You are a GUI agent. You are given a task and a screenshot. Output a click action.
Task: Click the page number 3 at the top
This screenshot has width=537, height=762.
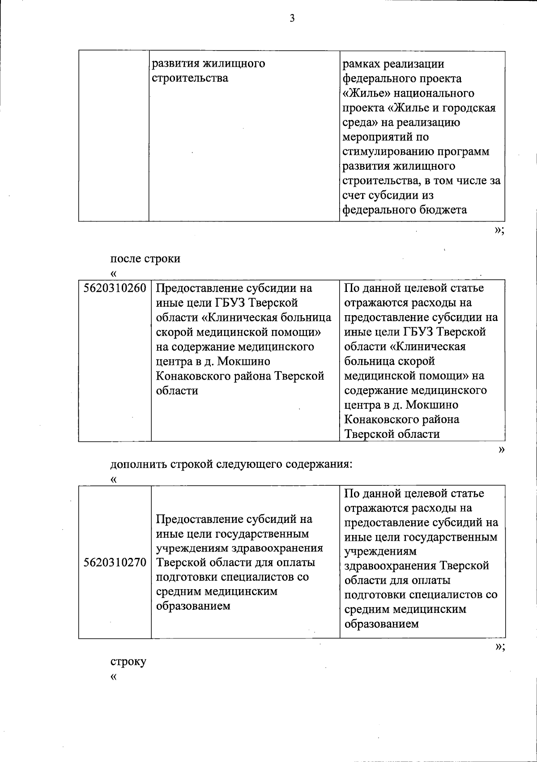pyautogui.click(x=292, y=18)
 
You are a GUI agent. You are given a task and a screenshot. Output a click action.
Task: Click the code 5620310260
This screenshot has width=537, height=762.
pyautogui.click(x=115, y=288)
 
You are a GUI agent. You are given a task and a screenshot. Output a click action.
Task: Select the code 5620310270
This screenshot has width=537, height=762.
pyautogui.click(x=115, y=562)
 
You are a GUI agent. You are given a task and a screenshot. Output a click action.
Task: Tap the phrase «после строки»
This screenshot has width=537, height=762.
pyautogui.click(x=145, y=259)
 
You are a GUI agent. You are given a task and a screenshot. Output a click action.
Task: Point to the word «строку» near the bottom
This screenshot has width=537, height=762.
pyautogui.click(x=128, y=661)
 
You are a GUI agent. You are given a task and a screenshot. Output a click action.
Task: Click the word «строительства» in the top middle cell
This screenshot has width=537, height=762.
pyautogui.click(x=190, y=78)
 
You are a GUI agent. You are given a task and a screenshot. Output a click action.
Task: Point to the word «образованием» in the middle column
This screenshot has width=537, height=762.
pyautogui.click(x=193, y=606)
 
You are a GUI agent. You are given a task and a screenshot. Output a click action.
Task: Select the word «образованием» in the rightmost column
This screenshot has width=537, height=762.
pyautogui.click(x=381, y=624)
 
